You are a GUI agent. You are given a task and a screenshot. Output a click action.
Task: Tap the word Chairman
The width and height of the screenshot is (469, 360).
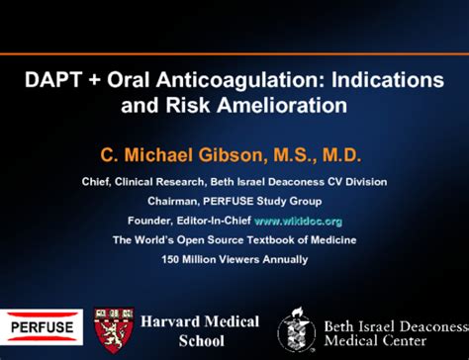click(175, 201)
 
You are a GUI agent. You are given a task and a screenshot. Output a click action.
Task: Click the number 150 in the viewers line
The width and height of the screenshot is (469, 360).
click(173, 259)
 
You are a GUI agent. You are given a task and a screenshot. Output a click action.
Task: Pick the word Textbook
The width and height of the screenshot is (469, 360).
click(275, 240)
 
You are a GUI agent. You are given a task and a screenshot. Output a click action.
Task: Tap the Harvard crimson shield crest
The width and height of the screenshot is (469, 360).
click(113, 330)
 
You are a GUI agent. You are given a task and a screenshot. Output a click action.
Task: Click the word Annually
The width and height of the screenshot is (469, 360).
click(279, 259)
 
